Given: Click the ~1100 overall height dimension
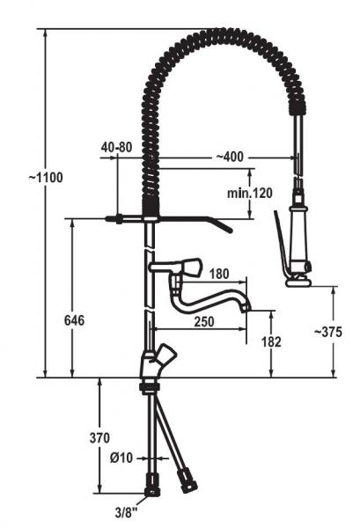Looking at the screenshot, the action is [46, 178].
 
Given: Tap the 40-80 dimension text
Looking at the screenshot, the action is [116, 147].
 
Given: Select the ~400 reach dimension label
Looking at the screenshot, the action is [229, 157].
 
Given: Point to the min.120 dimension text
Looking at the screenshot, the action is [250, 193].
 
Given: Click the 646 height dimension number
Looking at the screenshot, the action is [74, 320].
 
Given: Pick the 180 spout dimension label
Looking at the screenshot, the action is [219, 274].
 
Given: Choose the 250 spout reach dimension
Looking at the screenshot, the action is [204, 321].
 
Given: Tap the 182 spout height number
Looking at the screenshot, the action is [271, 342].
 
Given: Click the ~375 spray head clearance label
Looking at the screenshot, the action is [328, 332].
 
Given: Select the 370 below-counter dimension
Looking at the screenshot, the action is [99, 438].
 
